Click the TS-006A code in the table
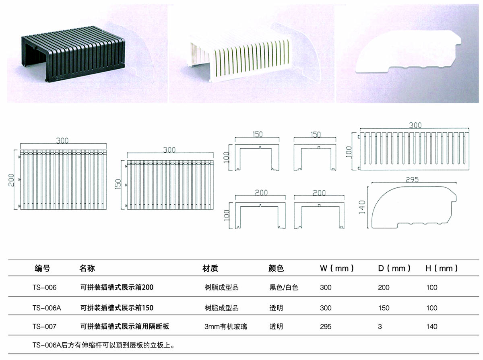point(46,308)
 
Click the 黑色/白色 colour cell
point(284,288)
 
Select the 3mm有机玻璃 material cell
point(226,327)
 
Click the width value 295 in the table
point(326,327)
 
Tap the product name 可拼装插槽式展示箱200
point(117,288)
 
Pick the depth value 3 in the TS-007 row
point(380,327)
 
